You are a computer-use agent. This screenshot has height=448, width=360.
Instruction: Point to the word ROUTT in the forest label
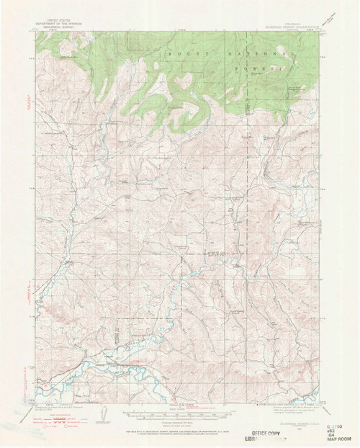tap(178, 54)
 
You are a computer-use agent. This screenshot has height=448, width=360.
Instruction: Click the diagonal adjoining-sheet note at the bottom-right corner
tap(332, 395)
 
